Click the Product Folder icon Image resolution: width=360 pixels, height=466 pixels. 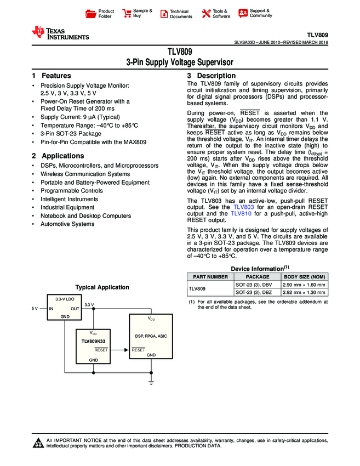click(x=91, y=13)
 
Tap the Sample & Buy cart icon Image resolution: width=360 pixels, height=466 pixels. click(x=127, y=13)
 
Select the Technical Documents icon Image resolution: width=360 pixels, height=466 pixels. click(x=163, y=13)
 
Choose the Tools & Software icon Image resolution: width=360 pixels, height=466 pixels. click(x=206, y=13)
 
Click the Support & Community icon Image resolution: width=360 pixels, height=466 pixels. click(x=243, y=13)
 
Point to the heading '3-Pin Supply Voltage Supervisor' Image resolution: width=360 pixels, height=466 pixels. click(x=180, y=62)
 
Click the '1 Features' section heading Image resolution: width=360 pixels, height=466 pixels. click(x=52, y=76)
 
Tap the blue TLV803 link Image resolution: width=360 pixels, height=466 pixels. click(x=243, y=207)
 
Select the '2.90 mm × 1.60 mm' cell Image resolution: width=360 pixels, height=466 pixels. click(x=304, y=285)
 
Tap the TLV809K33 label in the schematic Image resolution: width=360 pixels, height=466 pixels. click(x=93, y=341)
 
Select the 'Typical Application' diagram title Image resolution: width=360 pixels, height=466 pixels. click(x=102, y=287)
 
